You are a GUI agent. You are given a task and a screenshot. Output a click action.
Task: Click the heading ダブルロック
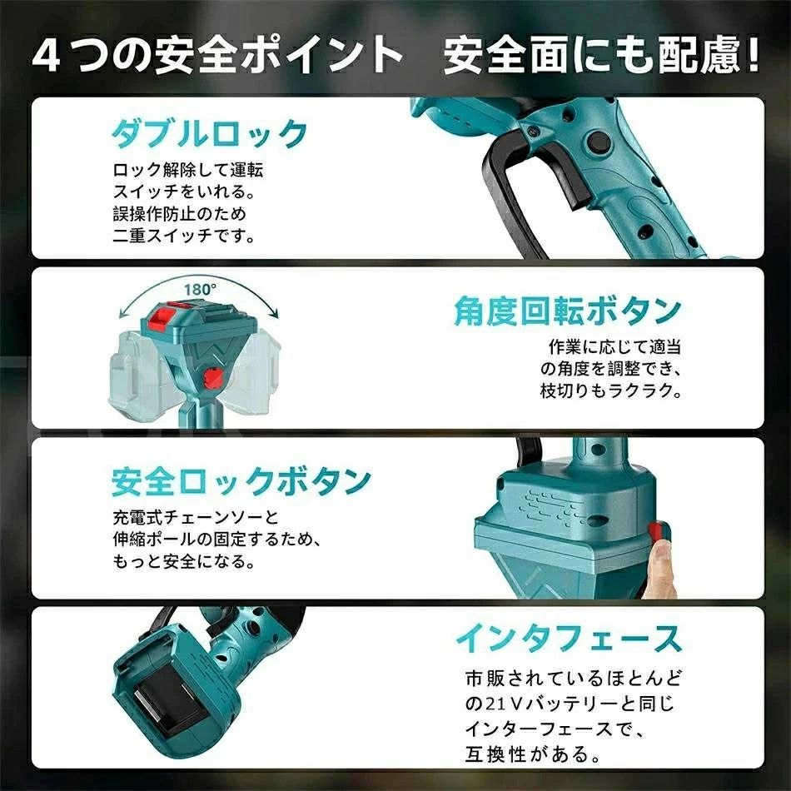point(209,133)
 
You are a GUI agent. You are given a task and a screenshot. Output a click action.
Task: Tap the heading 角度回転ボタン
point(568,311)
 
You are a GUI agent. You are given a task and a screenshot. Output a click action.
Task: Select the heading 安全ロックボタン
point(241,482)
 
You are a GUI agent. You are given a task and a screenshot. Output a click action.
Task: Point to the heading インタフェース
point(569,638)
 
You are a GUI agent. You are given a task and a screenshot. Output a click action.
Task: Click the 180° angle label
point(200,290)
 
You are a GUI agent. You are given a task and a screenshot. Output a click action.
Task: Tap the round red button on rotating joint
point(211,378)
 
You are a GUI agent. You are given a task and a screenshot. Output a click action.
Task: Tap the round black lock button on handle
point(599,142)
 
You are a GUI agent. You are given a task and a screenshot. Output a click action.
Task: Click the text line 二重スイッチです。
point(184,236)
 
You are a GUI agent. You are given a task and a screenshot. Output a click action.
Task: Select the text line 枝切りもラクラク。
point(611,391)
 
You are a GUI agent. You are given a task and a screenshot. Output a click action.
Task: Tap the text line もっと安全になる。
point(184,561)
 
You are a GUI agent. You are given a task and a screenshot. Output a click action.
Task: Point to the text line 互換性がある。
point(533,754)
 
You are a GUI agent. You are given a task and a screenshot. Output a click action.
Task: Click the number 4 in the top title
point(47,55)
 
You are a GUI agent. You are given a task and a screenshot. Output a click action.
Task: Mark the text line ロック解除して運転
point(187,170)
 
